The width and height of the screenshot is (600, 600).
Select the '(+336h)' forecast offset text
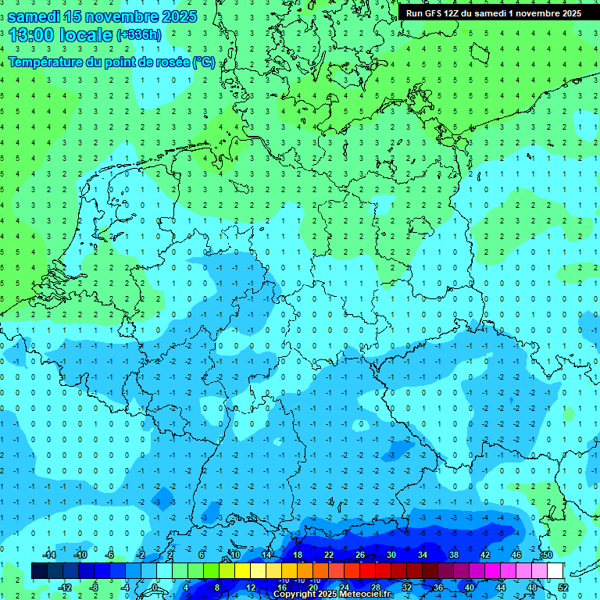point(139,35)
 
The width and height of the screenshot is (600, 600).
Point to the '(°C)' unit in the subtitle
point(204,62)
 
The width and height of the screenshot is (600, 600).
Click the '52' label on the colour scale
point(563,587)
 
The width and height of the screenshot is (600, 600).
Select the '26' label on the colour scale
point(360,555)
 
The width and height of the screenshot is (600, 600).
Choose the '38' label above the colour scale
point(454,555)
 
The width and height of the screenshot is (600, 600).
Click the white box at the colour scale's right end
point(555,570)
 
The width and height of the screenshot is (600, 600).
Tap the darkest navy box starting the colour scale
point(39,570)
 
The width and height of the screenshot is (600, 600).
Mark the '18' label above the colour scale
point(298,555)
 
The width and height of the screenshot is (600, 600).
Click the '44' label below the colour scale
point(501,587)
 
